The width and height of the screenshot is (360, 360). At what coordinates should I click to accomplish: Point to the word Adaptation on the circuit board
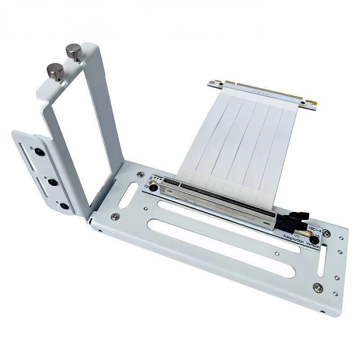pyautogui.click(x=292, y=238)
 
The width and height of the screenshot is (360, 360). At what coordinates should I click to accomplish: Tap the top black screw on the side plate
pyautogui.click(x=40, y=152)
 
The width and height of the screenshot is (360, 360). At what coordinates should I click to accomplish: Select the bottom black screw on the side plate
pyautogui.click(x=64, y=206)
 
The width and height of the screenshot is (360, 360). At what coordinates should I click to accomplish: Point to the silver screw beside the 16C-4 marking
pyautogui.click(x=327, y=234)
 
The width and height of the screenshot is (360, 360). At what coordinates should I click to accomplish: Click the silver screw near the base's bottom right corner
pyautogui.click(x=318, y=288)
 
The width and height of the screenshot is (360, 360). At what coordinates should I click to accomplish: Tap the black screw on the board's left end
pyautogui.click(x=153, y=186)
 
